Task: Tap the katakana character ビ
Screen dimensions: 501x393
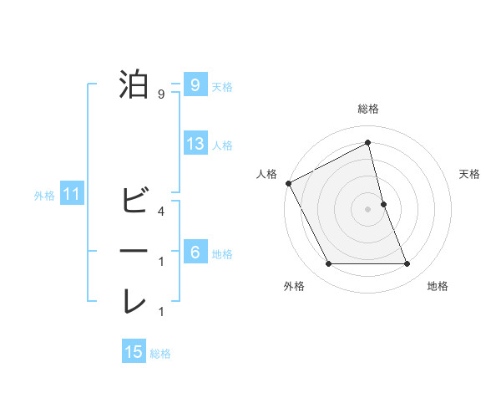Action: tap(134, 201)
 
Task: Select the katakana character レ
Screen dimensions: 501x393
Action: tap(134, 302)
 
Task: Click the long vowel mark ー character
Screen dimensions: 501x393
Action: tap(134, 251)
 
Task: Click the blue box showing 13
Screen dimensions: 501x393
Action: tap(195, 144)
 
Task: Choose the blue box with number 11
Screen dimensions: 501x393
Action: tap(72, 196)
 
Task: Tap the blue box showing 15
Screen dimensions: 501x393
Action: tap(134, 352)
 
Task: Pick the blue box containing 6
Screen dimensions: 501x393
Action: tap(195, 253)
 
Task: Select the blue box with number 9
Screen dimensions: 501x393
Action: tap(195, 84)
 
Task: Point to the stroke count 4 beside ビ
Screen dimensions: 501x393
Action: tap(160, 211)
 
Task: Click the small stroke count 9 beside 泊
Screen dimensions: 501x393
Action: tap(160, 94)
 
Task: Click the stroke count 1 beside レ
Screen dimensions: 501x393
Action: tap(160, 312)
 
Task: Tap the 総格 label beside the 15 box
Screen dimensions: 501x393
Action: tap(160, 354)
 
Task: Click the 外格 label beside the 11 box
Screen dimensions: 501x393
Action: tap(44, 196)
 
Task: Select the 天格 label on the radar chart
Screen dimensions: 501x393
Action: tap(470, 174)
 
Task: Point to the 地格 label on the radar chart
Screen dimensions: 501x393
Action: tap(438, 286)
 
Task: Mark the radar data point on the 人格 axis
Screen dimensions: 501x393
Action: tap(288, 182)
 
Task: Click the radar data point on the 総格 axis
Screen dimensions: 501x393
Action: tap(367, 143)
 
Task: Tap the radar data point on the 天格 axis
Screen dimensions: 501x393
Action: tap(383, 204)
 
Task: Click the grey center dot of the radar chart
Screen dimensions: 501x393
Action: tap(367, 209)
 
